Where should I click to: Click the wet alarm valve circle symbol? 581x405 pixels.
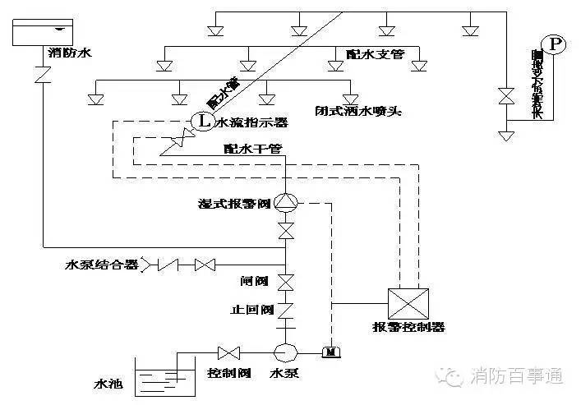pyautogui.click(x=286, y=202)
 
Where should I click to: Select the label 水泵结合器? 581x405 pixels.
pyautogui.click(x=103, y=265)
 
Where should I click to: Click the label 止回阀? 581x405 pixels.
pyautogui.click(x=252, y=310)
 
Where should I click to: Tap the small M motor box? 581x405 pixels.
pyautogui.click(x=331, y=352)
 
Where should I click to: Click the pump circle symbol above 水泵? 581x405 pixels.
pyautogui.click(x=286, y=352)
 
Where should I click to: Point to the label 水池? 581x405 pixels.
pyautogui.click(x=108, y=383)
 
